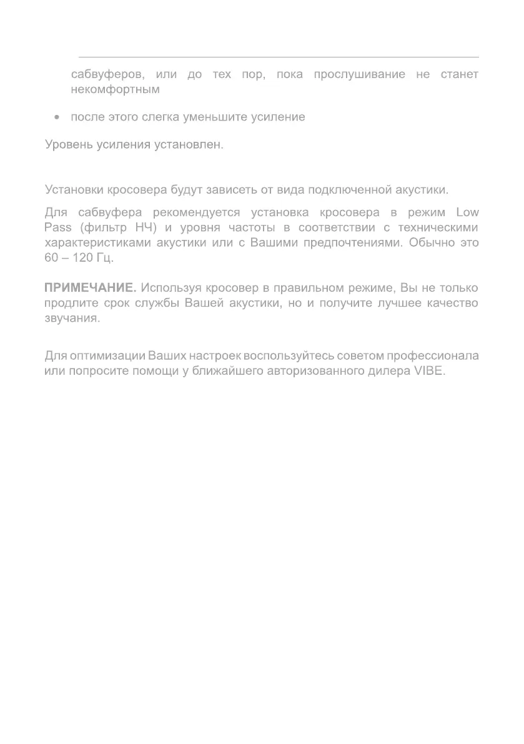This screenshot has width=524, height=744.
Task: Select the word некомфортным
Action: pyautogui.click(x=116, y=89)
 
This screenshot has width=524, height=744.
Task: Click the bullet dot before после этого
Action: pyautogui.click(x=57, y=117)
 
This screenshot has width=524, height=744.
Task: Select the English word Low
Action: pyautogui.click(x=467, y=211)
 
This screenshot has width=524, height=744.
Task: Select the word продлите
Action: pyautogui.click(x=69, y=304)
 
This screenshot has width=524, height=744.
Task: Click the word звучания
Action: pyautogui.click(x=72, y=319)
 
